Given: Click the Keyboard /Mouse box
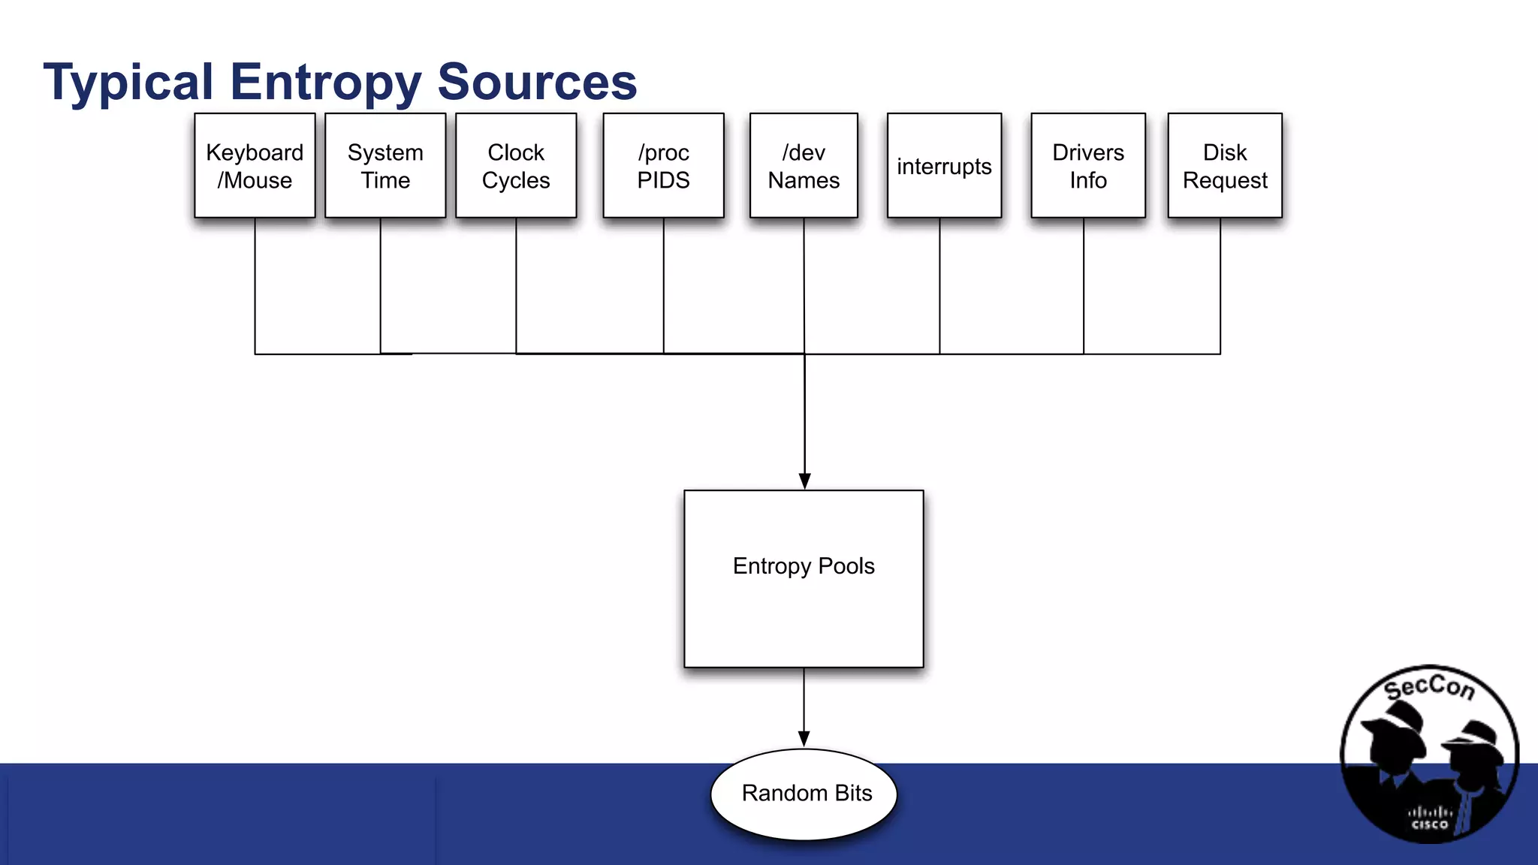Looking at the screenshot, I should coord(255,166).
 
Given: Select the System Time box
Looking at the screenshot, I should coord(385,166).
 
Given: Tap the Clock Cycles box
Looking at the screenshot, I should coord(516,166).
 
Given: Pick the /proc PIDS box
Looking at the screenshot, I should coord(663,166).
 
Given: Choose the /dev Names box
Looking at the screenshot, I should coord(804,166).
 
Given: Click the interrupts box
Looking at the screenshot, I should coord(944,166).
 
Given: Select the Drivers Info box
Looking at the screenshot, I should coord(1088,166).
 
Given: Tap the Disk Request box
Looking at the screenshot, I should coord(1225,166).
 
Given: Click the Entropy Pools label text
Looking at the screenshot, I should coord(804,566).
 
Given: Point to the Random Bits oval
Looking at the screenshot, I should coord(804,794).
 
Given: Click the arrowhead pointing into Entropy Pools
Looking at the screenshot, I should coord(804,481).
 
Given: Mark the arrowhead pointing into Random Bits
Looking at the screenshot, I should coord(804,739).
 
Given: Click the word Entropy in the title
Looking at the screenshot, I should coord(324,83).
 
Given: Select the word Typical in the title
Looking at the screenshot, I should coord(128,83).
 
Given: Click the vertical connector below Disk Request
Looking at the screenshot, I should coord(1220,285).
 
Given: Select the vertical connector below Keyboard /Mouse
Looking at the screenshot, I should coord(255,285).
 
